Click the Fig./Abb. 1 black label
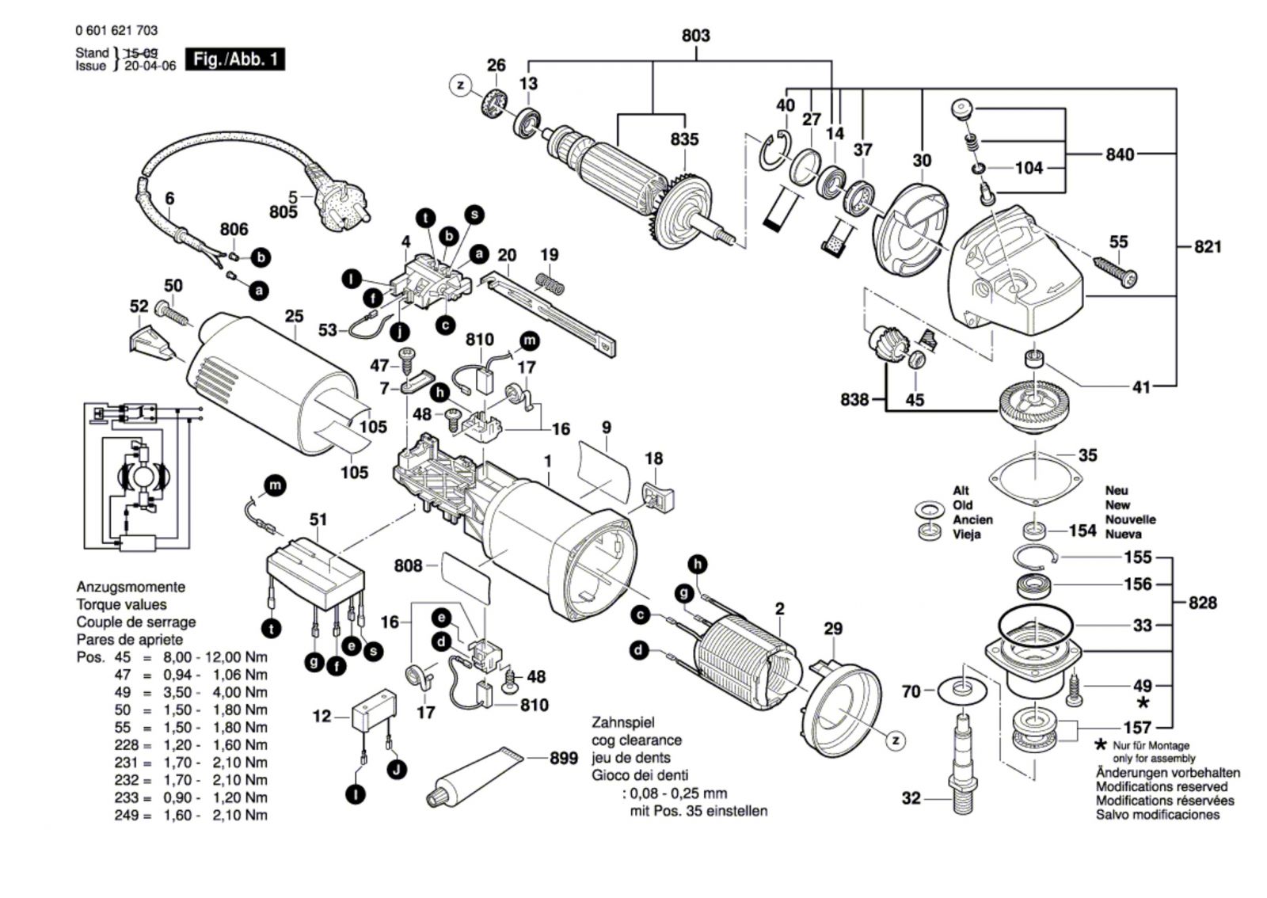[234, 59]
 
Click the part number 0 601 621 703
[116, 30]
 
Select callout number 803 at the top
[695, 36]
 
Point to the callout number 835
[684, 139]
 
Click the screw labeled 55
[1115, 271]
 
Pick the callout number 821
[1208, 247]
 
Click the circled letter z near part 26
[460, 85]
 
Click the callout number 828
[1202, 603]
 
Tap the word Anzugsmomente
[131, 588]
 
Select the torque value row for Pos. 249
[190, 816]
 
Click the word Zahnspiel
[622, 723]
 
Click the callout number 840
[1119, 154]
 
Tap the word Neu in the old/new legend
[1117, 491]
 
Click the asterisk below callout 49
[1143, 703]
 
